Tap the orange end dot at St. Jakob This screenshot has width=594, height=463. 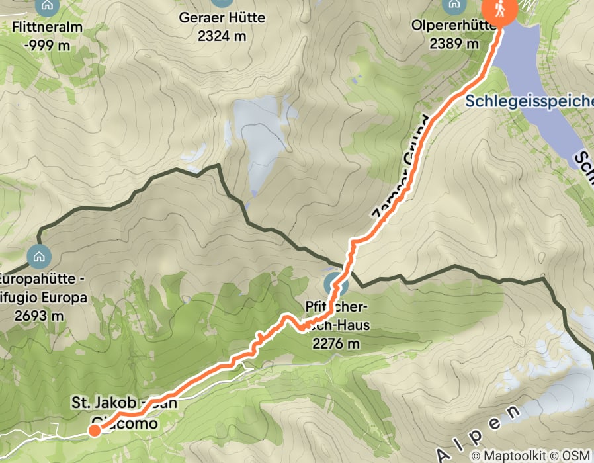click(x=95, y=431)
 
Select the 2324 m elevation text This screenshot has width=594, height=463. click(x=221, y=35)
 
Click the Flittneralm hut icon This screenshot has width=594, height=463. click(x=47, y=6)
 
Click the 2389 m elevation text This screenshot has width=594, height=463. click(x=454, y=44)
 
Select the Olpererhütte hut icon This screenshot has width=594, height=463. click(x=454, y=5)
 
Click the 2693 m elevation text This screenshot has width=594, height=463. click(x=42, y=316)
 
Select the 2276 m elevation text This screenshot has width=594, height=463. click(x=336, y=343)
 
